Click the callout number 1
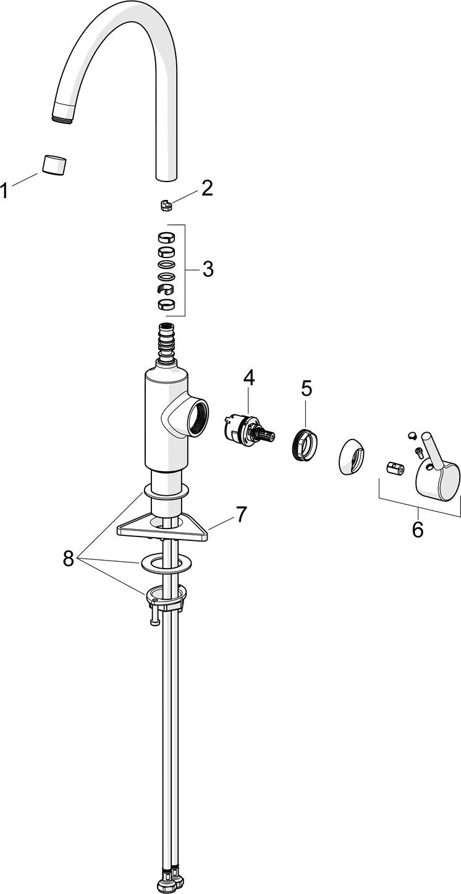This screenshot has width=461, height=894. click(6, 190)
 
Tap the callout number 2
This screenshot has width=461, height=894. click(206, 188)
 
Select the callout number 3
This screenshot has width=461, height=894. click(208, 269)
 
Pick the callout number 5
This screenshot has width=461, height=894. click(307, 388)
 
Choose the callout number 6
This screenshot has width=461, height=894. click(418, 528)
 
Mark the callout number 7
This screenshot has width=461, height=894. click(241, 496)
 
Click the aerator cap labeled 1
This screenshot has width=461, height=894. click(55, 165)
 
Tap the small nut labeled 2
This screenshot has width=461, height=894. click(164, 204)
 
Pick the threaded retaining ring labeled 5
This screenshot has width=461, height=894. click(304, 443)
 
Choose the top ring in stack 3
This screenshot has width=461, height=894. click(166, 236)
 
